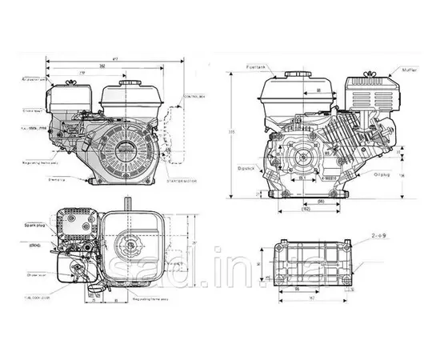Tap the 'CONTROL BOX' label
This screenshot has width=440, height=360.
pyautogui.click(x=194, y=98)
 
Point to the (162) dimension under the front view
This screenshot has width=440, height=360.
pyautogui.click(x=307, y=210)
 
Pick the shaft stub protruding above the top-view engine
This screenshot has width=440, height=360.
pyautogui.click(x=127, y=200)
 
